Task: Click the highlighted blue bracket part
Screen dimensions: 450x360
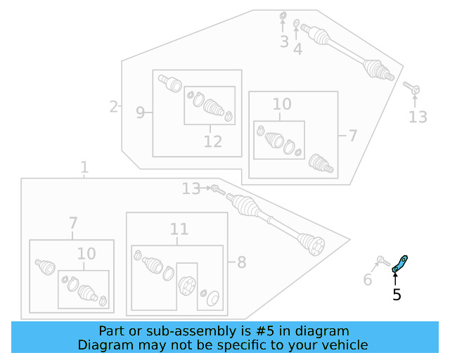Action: (400, 264)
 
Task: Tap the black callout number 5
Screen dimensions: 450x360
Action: (397, 295)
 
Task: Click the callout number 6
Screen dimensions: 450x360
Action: (368, 279)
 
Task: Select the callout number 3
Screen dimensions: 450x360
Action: (284, 41)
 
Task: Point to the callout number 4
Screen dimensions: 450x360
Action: (297, 49)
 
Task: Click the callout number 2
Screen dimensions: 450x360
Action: (114, 107)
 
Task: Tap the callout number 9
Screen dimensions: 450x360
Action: (140, 112)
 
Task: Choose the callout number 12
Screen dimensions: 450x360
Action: (213, 141)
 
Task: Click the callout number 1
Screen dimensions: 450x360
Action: (84, 167)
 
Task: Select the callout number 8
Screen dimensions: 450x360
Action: (242, 262)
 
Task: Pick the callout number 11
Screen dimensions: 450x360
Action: (179, 229)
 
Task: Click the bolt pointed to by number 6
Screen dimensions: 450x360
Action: (383, 262)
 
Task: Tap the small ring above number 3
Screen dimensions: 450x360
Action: (283, 15)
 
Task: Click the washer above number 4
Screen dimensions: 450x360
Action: (297, 23)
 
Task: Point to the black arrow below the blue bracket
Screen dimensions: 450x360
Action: (395, 279)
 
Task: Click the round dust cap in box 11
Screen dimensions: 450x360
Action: (212, 299)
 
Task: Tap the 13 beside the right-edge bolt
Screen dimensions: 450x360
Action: (418, 117)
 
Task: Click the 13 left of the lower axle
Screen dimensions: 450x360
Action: (191, 188)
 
